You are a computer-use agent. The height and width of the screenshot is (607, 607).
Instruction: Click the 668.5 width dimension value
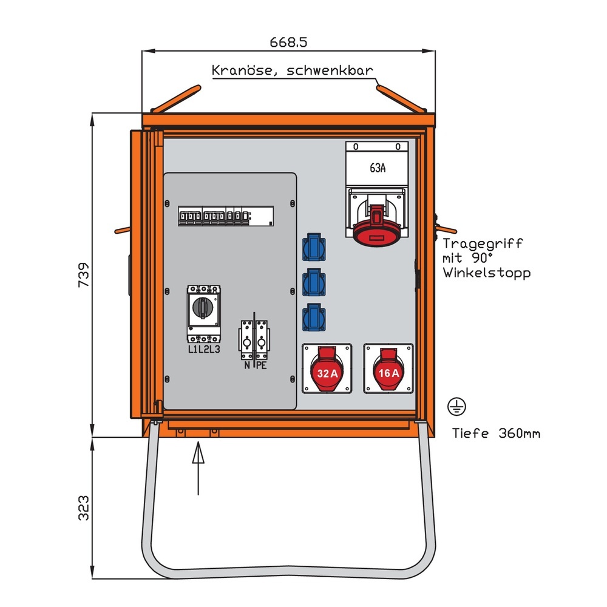coord(289,42)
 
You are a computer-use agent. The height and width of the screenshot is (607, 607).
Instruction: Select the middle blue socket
coord(313,282)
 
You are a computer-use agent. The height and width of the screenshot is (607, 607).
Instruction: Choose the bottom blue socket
coord(313,317)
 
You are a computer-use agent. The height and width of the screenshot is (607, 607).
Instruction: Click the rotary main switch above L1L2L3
coord(203,308)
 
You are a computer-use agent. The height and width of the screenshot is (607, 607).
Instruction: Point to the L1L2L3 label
coord(203,350)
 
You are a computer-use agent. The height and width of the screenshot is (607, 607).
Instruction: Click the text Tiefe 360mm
coord(496,433)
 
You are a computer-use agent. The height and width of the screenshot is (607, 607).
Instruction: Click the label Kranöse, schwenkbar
coord(292,70)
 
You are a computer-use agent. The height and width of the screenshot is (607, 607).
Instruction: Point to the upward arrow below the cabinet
coord(198,467)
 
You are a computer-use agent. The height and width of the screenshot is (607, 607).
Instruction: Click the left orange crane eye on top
coord(175,99)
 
